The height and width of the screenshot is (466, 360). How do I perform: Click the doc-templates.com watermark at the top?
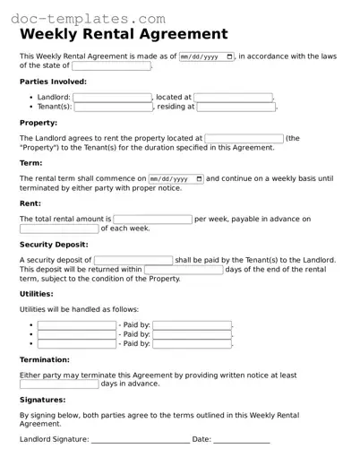tap(89, 17)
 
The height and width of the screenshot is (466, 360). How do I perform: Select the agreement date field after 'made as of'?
tap(207, 56)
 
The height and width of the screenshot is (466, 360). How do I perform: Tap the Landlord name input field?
tap(112, 98)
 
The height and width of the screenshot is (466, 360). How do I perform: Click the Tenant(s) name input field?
tap(114, 107)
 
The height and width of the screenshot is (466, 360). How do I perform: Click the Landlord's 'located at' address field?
tap(233, 98)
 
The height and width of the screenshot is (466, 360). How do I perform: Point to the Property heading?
tap(39, 123)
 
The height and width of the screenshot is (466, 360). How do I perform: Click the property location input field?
tap(244, 139)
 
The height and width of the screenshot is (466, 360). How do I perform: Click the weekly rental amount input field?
tap(152, 219)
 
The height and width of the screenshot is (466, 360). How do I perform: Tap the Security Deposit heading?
tap(54, 244)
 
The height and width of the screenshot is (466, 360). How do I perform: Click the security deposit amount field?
tap(133, 260)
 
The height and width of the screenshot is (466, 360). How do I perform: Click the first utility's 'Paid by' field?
tap(193, 325)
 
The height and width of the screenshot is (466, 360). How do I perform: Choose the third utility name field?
tap(77, 343)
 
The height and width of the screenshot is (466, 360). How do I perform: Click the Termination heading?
tap(45, 359)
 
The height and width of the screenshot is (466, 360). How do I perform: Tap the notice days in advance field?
tap(59, 384)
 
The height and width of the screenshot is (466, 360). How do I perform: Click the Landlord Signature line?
tap(140, 440)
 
